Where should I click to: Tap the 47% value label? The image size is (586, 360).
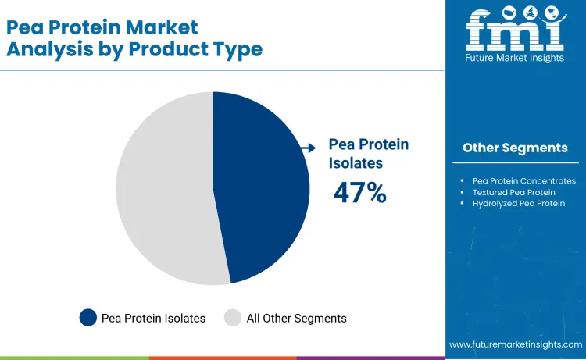(359, 193)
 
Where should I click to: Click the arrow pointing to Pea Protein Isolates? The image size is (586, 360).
(309, 146)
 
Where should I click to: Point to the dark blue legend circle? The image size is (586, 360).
(88, 318)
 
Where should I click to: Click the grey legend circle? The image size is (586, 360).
(233, 318)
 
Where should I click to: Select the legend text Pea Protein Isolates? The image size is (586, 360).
(153, 318)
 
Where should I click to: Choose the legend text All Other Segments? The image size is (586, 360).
(296, 318)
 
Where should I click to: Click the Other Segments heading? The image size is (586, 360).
(515, 148)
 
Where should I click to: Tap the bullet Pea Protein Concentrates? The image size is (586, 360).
(523, 180)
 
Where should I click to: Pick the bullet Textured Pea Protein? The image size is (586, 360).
(513, 192)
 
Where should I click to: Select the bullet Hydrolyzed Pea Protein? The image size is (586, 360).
(518, 203)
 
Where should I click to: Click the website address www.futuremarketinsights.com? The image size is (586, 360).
(516, 344)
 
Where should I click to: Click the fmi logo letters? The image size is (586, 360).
(514, 29)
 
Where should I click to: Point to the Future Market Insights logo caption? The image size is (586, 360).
(515, 59)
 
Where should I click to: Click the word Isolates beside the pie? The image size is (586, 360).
(356, 163)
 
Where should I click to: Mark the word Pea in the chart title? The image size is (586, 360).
(23, 27)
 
